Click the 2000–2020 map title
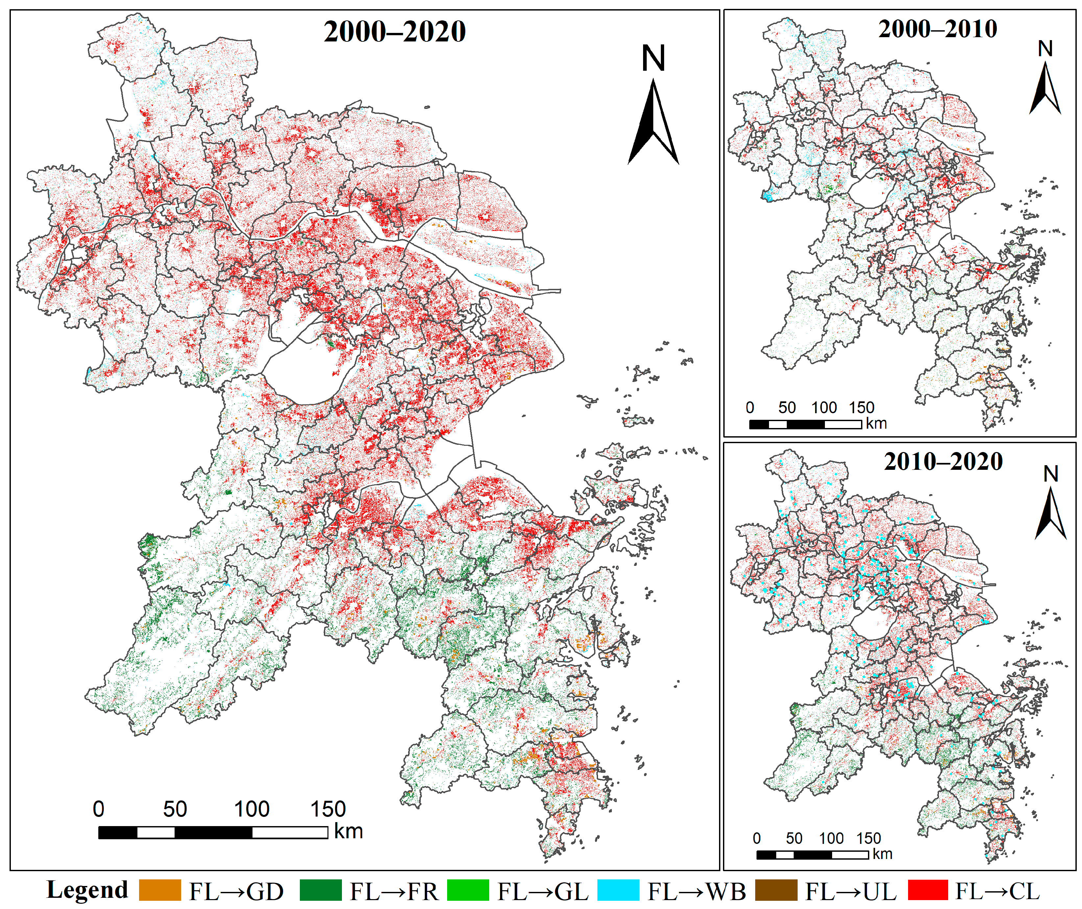pyautogui.click(x=395, y=32)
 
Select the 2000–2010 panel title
pyautogui.click(x=937, y=29)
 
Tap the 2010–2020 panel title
pyautogui.click(x=943, y=462)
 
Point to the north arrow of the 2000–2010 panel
pyautogui.click(x=1045, y=77)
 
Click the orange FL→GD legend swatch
pyautogui.click(x=160, y=891)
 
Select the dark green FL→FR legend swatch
pyautogui.click(x=321, y=891)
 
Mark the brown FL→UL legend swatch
pyautogui.click(x=776, y=891)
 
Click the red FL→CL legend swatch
pyautogui.click(x=927, y=891)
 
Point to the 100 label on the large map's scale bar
pyautogui.click(x=252, y=809)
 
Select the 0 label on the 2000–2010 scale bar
pyautogui.click(x=750, y=408)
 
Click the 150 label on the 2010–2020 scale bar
pyautogui.click(x=869, y=838)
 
